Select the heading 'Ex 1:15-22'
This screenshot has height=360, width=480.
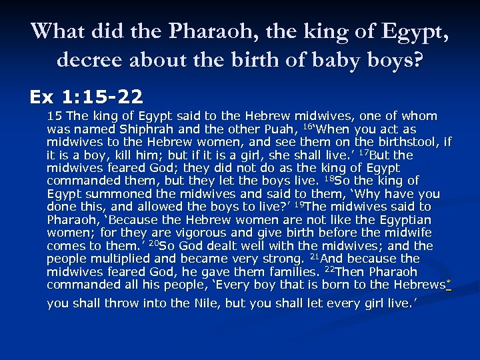coord(86,97)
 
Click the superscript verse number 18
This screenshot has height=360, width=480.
coord(327,178)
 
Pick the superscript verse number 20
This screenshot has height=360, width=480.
coord(154,243)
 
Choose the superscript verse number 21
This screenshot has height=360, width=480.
coord(313,256)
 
